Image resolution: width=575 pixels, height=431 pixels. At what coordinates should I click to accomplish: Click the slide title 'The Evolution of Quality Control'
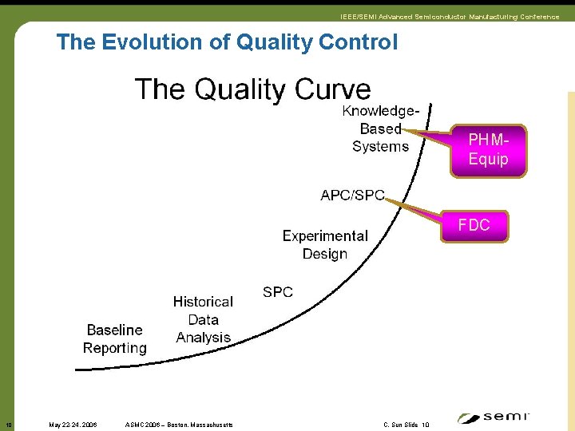(226, 42)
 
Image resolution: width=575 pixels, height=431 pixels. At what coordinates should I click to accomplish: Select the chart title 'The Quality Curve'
(252, 89)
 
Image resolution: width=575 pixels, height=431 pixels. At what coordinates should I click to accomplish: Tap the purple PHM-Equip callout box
(488, 150)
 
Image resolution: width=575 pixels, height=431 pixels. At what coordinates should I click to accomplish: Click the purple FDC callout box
(474, 226)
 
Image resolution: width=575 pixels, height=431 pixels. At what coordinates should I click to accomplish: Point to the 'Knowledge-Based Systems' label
(380, 129)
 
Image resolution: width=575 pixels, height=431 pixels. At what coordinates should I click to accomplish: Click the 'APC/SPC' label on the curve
(352, 196)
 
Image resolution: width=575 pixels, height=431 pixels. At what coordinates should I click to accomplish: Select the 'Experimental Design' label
(325, 245)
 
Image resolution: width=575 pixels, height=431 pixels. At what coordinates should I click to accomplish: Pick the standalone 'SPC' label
(278, 292)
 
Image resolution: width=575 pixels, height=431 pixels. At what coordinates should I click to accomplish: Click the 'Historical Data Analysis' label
(203, 319)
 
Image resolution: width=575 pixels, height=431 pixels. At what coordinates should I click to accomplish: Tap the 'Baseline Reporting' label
(115, 339)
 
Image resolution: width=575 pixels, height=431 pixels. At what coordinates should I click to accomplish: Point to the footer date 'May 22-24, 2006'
(73, 425)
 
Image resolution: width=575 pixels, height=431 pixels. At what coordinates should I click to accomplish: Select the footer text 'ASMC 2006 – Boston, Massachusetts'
(180, 425)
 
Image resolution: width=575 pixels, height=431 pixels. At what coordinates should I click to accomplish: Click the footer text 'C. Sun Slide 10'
(406, 425)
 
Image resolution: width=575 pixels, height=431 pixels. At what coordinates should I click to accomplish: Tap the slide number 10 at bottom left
(8, 425)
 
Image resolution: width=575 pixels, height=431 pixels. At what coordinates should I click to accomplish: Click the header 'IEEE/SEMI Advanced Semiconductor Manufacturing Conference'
(450, 17)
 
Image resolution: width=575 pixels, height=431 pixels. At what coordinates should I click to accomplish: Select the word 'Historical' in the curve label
(203, 302)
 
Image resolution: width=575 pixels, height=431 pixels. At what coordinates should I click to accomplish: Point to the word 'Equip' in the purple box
(488, 160)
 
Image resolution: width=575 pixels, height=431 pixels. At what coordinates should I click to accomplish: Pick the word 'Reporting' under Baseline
(115, 348)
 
